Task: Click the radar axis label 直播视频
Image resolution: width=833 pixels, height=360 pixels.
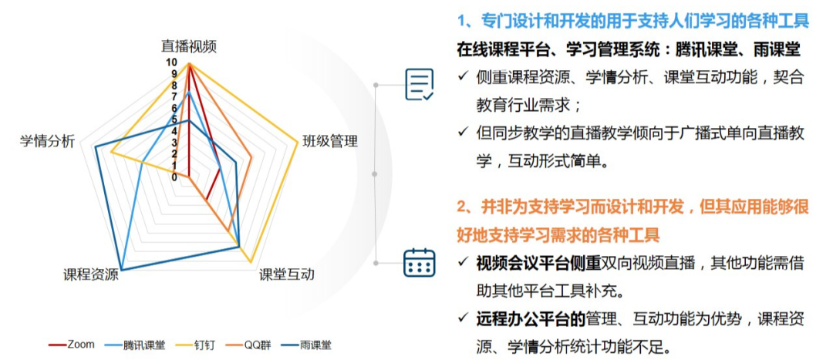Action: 189,47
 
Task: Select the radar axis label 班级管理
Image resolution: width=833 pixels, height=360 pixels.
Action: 330,141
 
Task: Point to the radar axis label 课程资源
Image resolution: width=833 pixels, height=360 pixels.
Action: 90,274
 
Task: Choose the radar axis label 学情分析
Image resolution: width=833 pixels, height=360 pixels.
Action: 47,141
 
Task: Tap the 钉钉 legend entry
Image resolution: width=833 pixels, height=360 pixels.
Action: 195,345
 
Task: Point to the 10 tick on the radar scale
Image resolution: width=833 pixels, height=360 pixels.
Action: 171,63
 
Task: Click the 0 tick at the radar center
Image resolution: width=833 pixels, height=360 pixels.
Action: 174,177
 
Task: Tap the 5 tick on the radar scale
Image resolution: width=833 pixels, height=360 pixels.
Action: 174,120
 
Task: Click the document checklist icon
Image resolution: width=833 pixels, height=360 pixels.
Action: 419,85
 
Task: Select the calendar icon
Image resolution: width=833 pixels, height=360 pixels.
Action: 419,262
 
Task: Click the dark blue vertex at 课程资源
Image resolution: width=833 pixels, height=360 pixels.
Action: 122,270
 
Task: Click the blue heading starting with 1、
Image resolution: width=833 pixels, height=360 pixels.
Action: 633,22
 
